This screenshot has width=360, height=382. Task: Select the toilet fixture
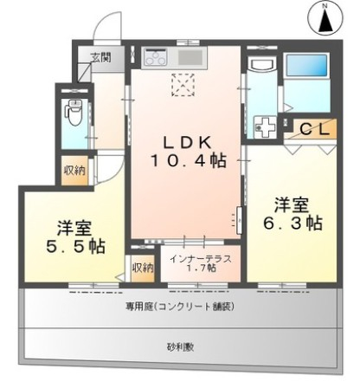pyautogui.click(x=74, y=110)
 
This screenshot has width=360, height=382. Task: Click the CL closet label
pyautogui.click(x=313, y=128)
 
